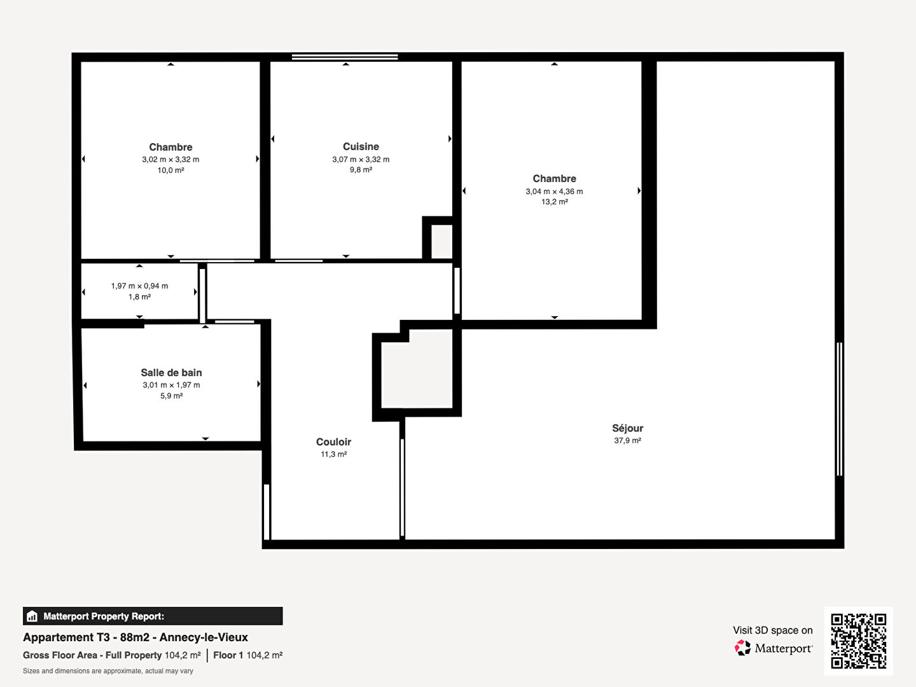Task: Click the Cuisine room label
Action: (361, 146)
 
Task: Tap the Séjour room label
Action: (627, 428)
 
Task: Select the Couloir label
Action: (333, 441)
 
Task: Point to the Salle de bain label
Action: (171, 373)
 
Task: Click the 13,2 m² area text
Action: (554, 202)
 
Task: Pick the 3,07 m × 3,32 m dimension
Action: (361, 159)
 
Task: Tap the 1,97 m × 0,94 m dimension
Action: (139, 286)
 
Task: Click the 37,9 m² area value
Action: (627, 440)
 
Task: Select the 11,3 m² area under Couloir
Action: (333, 454)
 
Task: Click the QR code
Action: (858, 641)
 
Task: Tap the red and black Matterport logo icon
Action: (742, 648)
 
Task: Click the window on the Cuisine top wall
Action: (345, 57)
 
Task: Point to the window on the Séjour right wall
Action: (840, 409)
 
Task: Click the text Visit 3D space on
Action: (773, 630)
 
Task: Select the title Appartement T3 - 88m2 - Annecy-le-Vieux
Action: (135, 637)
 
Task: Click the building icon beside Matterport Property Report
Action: (32, 616)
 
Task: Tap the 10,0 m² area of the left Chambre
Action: (170, 170)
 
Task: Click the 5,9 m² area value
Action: (171, 396)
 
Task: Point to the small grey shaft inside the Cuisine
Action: (441, 242)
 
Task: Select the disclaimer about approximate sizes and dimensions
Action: (108, 671)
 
